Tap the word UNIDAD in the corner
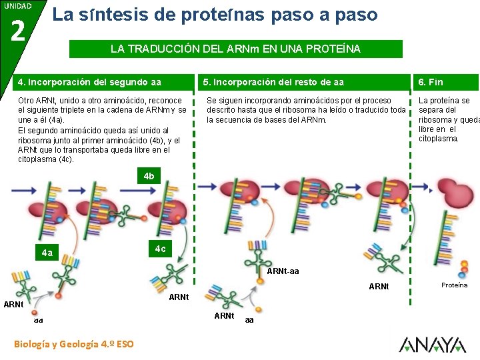(17, 6)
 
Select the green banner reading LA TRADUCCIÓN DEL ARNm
(236, 49)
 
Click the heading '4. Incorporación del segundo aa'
(89, 82)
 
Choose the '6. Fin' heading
(430, 82)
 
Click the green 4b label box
(149, 177)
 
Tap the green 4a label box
(47, 253)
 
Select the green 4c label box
(160, 249)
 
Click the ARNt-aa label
(283, 271)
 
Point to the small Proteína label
(454, 285)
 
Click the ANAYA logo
(432, 344)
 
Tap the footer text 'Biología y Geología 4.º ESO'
(73, 344)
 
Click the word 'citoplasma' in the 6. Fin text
(438, 139)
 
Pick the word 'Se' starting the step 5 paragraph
(211, 101)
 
